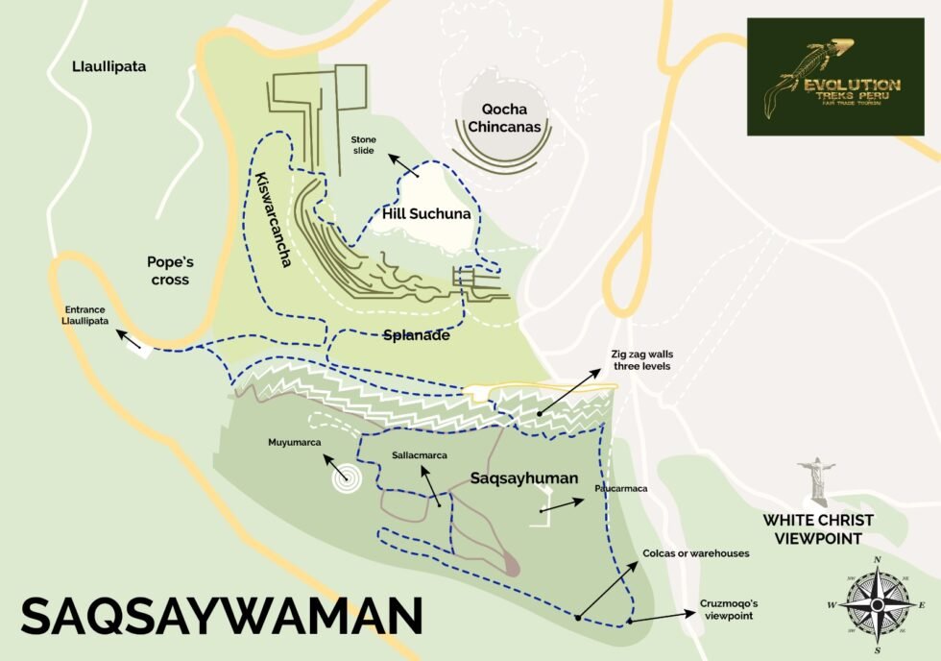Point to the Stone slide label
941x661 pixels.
[x=364, y=145]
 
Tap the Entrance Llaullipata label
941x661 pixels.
[x=86, y=315]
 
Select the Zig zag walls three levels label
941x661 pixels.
[x=641, y=359]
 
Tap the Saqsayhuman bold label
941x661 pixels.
[x=524, y=477]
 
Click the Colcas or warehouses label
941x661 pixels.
[x=696, y=552]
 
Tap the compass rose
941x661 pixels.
[x=875, y=604]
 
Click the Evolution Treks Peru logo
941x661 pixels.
[x=834, y=76]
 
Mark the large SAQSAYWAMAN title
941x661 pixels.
[x=222, y=615]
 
